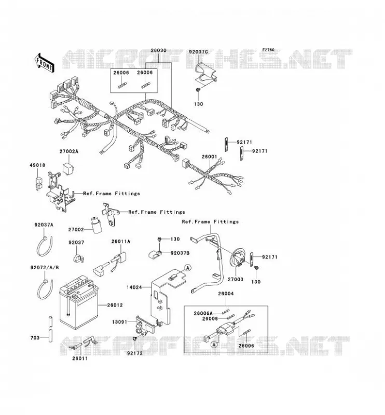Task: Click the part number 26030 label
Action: click(x=159, y=50)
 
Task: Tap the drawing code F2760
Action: click(x=268, y=50)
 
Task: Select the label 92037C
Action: click(x=198, y=52)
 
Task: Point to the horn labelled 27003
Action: click(x=238, y=258)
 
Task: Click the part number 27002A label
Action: click(x=69, y=151)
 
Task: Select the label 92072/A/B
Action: click(x=45, y=268)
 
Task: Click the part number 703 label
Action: click(x=35, y=338)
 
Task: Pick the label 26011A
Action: click(x=121, y=241)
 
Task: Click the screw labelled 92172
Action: click(x=135, y=339)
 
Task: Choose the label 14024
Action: click(x=134, y=287)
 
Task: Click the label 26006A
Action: click(x=203, y=313)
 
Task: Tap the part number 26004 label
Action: click(x=226, y=294)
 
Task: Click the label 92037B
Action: click(x=180, y=253)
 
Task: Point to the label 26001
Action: click(x=210, y=157)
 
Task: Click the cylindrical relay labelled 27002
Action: click(x=95, y=225)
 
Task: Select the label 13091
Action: click(x=119, y=322)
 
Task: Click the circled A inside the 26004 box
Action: click(x=214, y=344)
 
